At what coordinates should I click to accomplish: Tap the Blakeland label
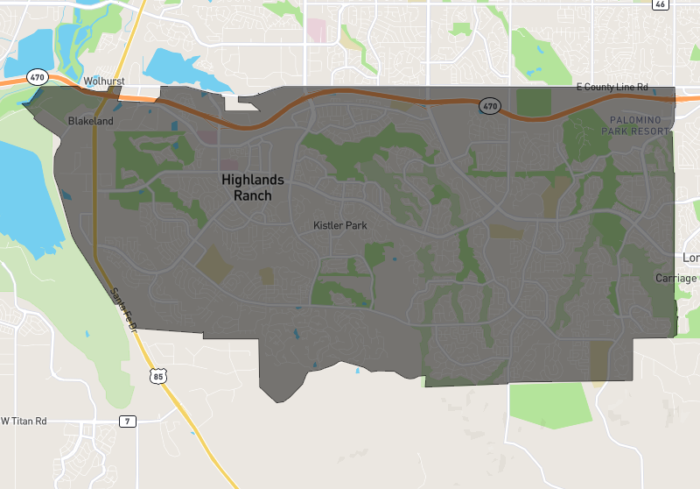point(91,121)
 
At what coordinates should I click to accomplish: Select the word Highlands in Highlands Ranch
point(253,180)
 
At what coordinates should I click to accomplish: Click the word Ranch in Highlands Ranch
point(253,195)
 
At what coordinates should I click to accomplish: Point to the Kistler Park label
point(340,225)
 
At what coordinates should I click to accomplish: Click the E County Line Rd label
point(612,87)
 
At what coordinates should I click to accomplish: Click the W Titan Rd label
point(24,422)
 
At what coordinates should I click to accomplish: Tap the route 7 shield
point(128,422)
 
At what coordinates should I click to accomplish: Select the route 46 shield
point(660,4)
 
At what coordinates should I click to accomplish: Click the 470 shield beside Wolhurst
point(36,77)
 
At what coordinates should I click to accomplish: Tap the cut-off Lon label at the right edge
point(691,259)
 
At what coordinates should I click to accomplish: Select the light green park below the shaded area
point(549,405)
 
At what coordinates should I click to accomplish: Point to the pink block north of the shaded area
point(316,30)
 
